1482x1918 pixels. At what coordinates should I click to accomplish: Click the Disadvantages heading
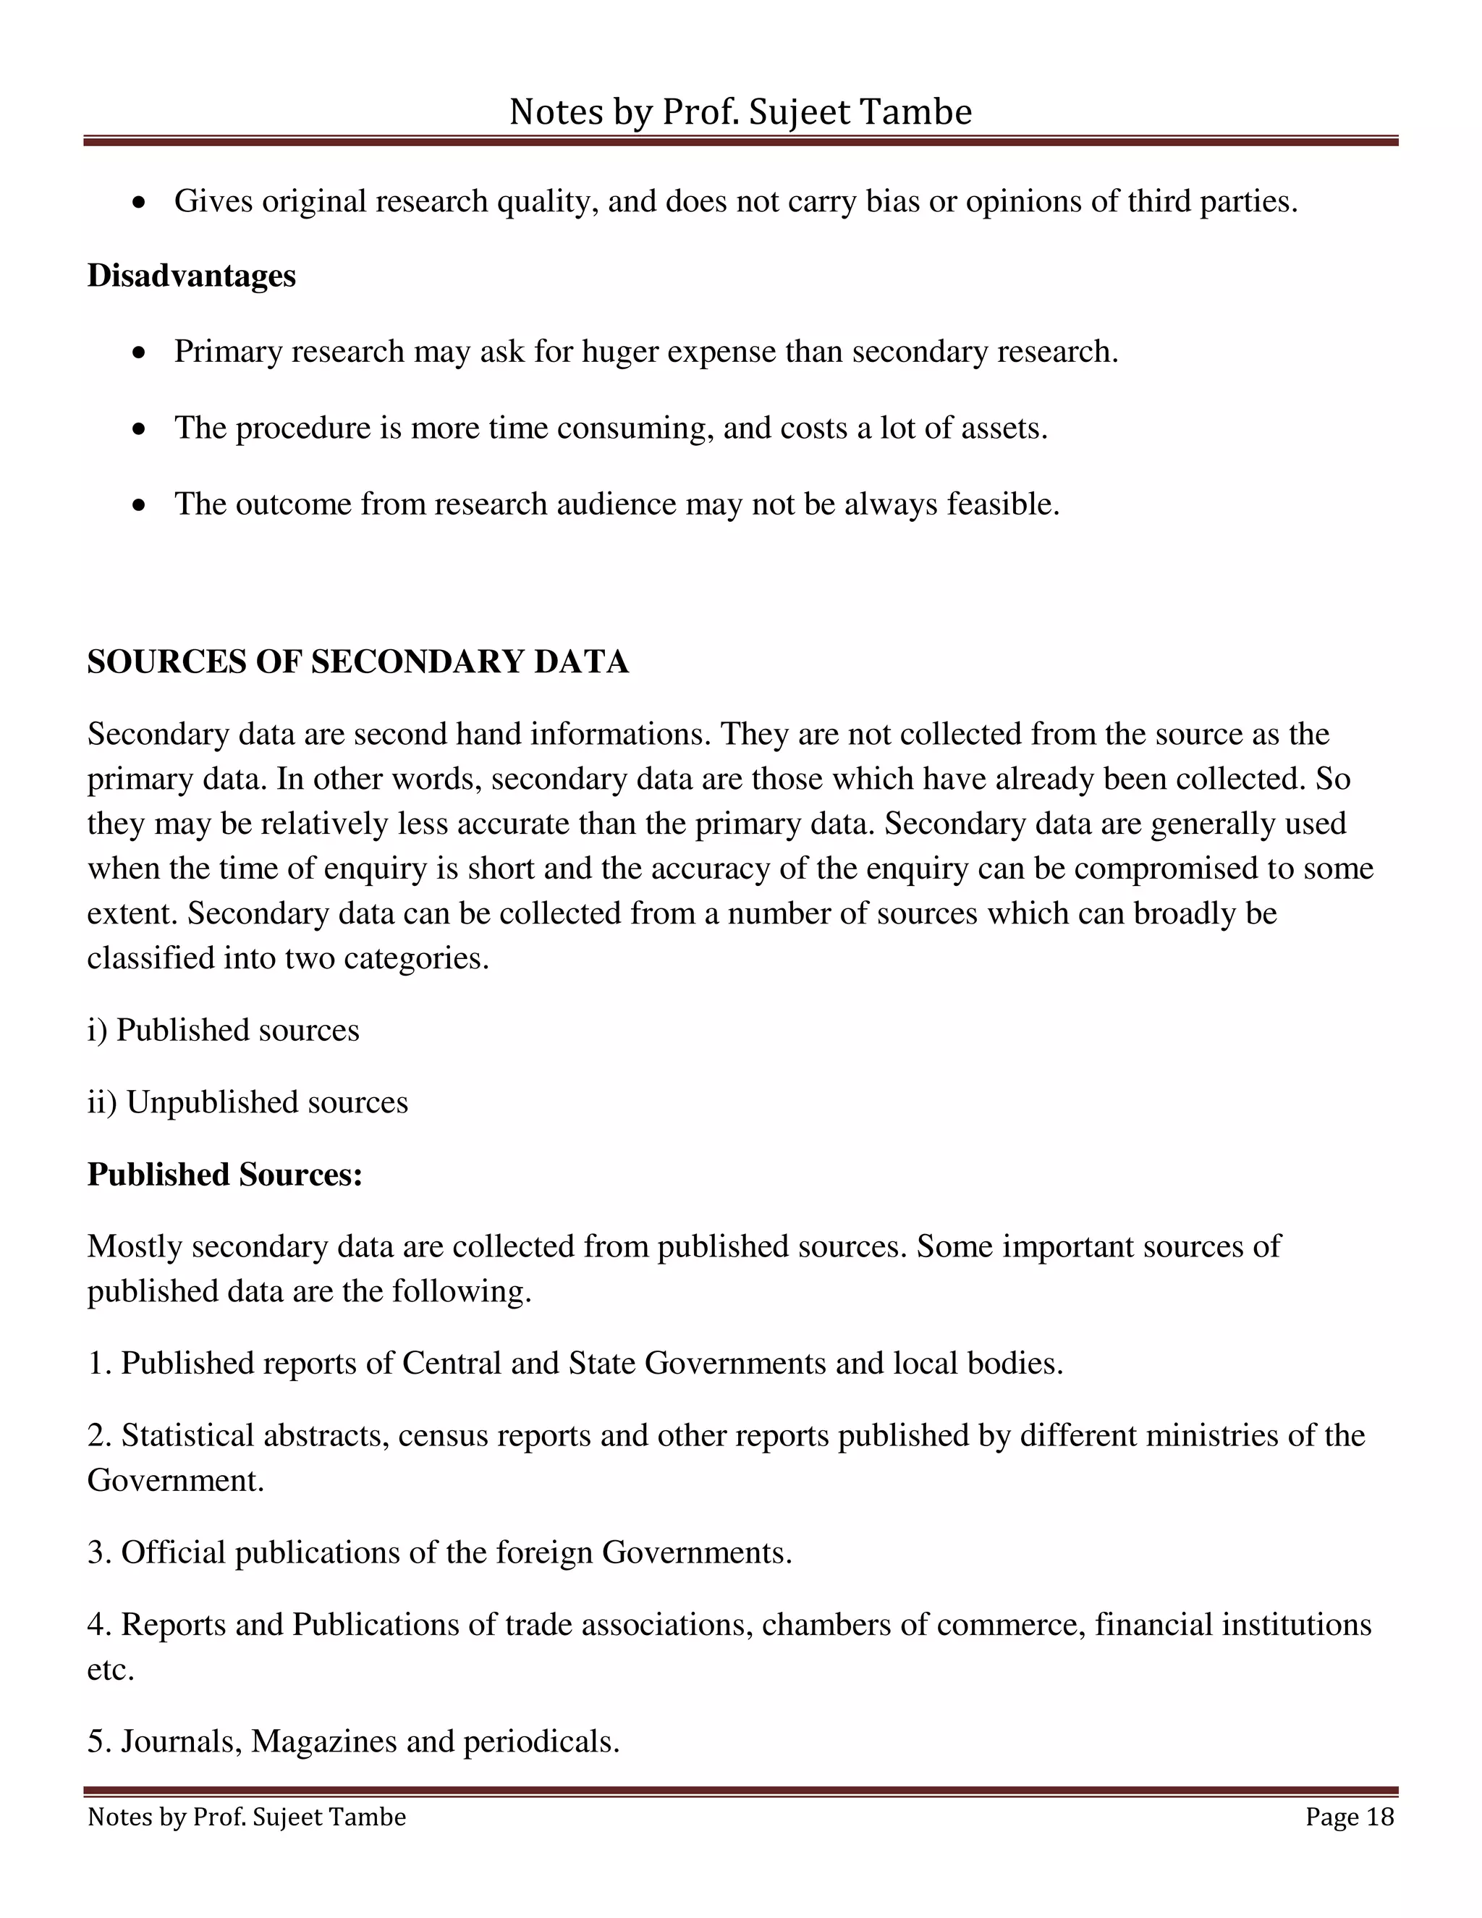click(191, 276)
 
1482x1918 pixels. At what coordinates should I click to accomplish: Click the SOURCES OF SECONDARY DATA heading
click(357, 662)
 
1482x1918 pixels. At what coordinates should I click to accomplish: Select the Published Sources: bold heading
click(225, 1174)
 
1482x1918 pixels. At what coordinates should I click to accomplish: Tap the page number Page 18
click(1349, 1817)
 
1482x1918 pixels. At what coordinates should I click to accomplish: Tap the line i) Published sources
click(223, 1030)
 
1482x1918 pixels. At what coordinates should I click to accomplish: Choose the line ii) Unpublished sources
click(247, 1102)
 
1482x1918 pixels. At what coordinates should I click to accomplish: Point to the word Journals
click(181, 1741)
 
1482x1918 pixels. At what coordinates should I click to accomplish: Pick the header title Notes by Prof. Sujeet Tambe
click(740, 112)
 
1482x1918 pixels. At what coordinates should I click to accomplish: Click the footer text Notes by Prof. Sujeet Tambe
click(247, 1817)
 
